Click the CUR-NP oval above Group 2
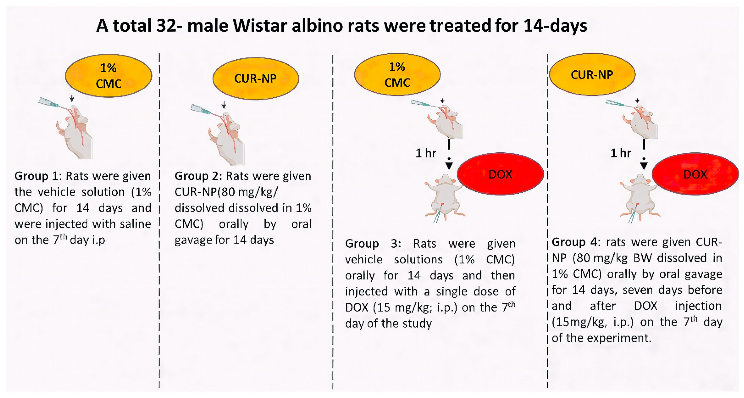256,78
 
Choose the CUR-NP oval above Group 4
592,74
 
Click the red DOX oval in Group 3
500,174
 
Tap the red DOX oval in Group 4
695,174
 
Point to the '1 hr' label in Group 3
426,153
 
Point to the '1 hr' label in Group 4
621,153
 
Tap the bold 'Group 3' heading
373,244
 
